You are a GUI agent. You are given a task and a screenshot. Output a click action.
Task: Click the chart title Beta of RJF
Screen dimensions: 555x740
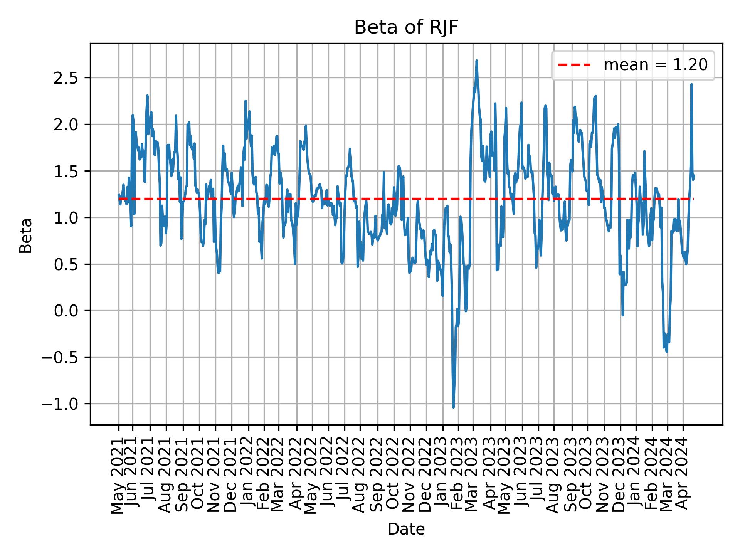point(406,28)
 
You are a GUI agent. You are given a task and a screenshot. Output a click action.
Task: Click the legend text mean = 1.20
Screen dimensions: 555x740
point(656,65)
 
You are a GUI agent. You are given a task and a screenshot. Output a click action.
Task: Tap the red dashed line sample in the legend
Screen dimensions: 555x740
point(574,65)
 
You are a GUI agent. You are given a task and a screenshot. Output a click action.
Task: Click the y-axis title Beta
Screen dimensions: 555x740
point(26,235)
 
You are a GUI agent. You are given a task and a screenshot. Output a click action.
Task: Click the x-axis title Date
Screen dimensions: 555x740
point(406,530)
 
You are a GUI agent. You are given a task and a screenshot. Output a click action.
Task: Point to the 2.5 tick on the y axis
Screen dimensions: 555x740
point(66,78)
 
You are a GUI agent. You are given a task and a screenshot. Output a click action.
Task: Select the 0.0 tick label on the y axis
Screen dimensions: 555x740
point(66,311)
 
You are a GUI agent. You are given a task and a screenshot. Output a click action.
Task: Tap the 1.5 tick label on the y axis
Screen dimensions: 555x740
point(66,171)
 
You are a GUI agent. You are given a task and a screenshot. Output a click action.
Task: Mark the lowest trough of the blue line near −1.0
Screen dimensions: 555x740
point(453,407)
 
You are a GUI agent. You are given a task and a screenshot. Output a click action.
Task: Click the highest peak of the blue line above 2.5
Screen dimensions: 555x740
point(477,61)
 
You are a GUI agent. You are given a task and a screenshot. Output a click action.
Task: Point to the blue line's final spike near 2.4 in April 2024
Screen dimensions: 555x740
point(691,84)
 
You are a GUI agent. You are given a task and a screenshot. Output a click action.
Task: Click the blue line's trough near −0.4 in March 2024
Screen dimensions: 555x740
point(667,351)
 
